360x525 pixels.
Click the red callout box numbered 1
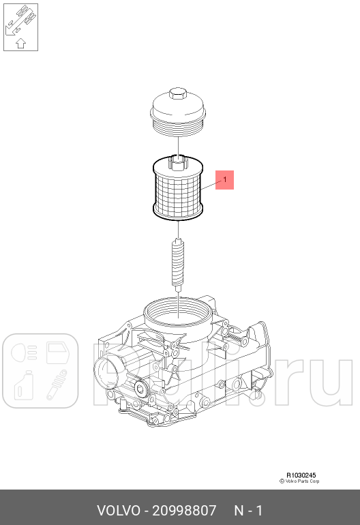(x=225, y=180)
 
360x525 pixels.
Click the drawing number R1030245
(x=300, y=475)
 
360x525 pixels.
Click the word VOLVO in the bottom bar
(x=118, y=511)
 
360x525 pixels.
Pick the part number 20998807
(x=185, y=511)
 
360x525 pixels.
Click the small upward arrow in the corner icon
(x=20, y=42)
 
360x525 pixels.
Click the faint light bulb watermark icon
(x=20, y=352)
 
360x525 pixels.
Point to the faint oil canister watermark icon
(x=20, y=386)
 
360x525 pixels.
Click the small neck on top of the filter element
(x=177, y=161)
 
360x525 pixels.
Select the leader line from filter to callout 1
(x=212, y=182)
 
